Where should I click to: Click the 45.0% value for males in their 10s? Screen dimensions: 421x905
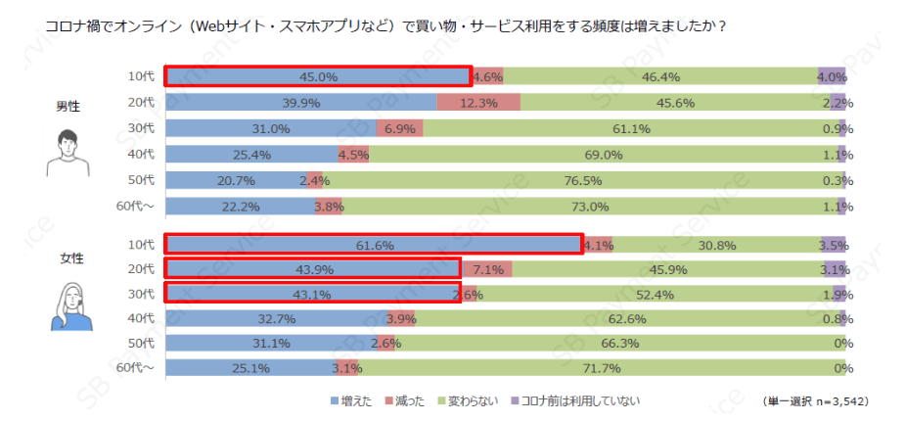click(x=319, y=76)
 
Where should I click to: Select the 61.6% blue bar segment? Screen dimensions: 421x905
click(x=373, y=245)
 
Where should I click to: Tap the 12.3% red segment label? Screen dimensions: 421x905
click(x=478, y=102)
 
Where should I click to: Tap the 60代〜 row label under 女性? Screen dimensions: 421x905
click(x=135, y=368)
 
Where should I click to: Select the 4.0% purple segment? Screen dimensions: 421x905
click(x=832, y=76)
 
